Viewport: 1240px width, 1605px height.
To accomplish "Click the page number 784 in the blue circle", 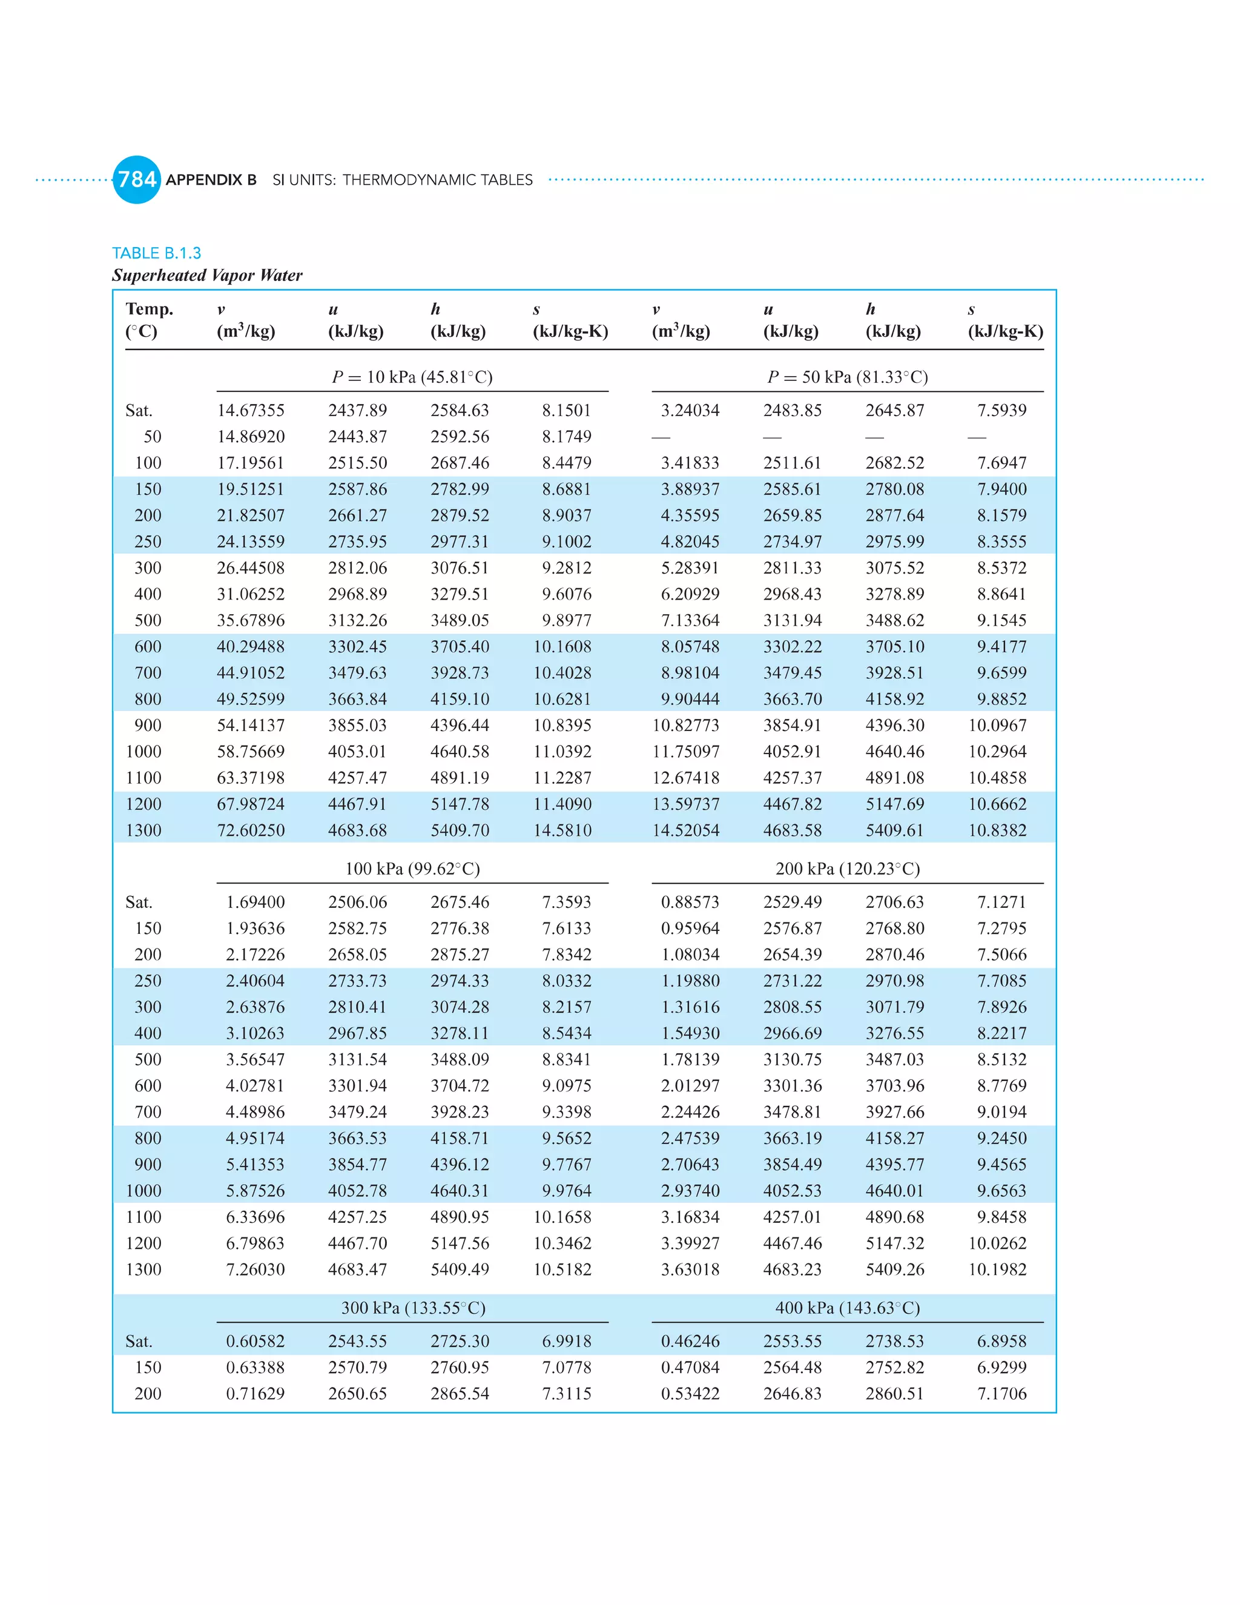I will (137, 179).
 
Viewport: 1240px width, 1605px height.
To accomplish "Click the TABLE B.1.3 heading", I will (156, 253).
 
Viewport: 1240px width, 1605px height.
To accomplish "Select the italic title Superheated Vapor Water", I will (207, 276).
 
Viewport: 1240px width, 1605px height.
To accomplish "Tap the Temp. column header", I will (149, 309).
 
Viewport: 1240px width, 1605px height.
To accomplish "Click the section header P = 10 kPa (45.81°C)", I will (412, 377).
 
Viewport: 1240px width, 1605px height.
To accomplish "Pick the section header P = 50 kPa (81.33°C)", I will (848, 377).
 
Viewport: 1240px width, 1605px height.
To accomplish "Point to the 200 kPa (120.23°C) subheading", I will (848, 869).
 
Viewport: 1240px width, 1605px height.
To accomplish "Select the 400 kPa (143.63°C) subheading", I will (848, 1308).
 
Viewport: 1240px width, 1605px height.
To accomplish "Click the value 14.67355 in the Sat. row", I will (251, 410).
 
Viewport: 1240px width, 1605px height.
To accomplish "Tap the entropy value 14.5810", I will (562, 830).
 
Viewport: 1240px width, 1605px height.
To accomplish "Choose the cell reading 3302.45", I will (357, 647).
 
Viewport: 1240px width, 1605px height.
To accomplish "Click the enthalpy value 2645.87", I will (894, 410).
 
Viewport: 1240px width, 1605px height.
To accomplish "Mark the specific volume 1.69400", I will (255, 902).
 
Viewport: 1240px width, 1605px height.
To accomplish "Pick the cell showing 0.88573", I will (690, 902).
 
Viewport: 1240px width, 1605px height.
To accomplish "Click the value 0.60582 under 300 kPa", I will (255, 1341).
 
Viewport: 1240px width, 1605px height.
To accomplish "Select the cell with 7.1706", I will (1001, 1394).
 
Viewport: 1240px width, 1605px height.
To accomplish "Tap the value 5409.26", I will (894, 1269).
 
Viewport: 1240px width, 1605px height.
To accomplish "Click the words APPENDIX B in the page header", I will (211, 180).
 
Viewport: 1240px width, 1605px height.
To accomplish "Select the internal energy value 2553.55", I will (792, 1341).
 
